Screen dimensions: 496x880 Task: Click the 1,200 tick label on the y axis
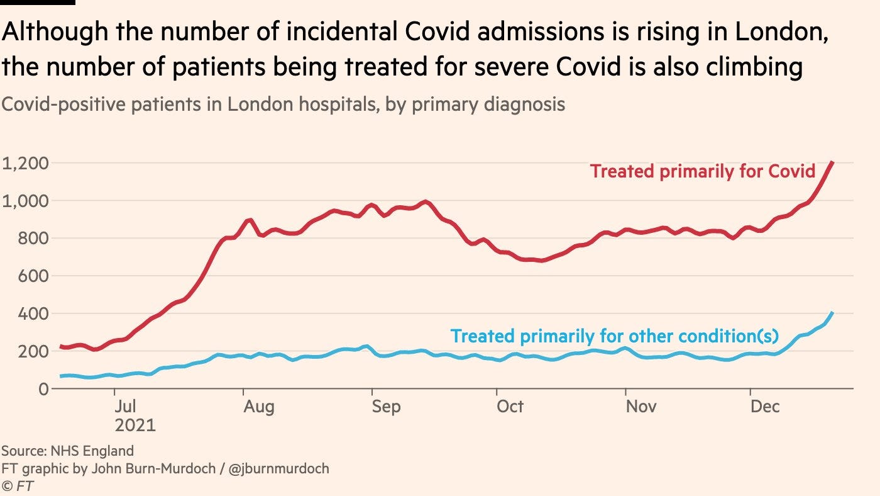click(x=25, y=164)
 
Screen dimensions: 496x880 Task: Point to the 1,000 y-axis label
click(x=25, y=201)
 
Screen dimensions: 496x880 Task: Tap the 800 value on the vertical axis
click(x=33, y=239)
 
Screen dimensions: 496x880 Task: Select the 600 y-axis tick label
click(x=33, y=276)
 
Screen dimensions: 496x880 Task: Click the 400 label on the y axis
click(x=33, y=314)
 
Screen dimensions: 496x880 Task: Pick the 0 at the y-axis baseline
click(x=43, y=389)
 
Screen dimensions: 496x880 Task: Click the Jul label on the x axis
click(x=126, y=407)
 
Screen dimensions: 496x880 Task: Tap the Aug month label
click(x=258, y=407)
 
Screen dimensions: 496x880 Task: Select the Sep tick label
click(x=385, y=407)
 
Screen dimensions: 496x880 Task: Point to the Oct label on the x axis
click(x=510, y=407)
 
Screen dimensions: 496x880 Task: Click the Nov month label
click(x=641, y=407)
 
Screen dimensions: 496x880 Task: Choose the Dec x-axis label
click(x=765, y=407)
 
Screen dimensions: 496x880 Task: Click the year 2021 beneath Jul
click(x=135, y=426)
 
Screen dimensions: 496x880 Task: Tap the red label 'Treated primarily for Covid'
click(x=703, y=171)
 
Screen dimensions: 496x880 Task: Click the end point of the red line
click(x=833, y=163)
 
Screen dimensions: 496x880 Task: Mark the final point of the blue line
click(x=833, y=312)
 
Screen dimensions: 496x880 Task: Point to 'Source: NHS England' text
click(x=67, y=451)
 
